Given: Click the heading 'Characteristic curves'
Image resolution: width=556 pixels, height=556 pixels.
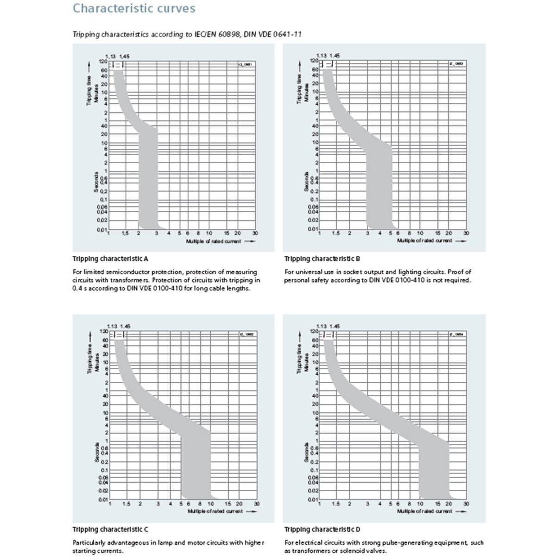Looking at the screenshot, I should [134, 9].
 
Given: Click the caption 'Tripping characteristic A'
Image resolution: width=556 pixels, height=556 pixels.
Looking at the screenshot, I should [110, 259].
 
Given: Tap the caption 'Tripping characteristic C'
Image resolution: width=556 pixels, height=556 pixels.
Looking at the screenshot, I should [110, 529].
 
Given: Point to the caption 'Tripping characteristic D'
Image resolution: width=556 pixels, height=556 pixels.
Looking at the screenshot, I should [322, 529].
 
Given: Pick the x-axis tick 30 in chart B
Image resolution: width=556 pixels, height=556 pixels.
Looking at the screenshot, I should [466, 233].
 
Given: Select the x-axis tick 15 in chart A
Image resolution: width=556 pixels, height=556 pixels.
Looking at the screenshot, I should [226, 234].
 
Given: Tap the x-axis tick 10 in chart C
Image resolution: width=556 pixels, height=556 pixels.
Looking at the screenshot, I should [211, 504].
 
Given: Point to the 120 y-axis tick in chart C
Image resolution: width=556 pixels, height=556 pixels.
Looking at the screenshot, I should [104, 332].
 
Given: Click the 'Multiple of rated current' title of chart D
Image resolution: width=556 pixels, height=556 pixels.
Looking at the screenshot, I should [424, 511].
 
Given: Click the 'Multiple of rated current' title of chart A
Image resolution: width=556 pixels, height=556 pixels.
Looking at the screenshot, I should [214, 241].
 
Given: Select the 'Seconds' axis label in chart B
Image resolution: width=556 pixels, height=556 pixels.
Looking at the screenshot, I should [306, 181].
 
